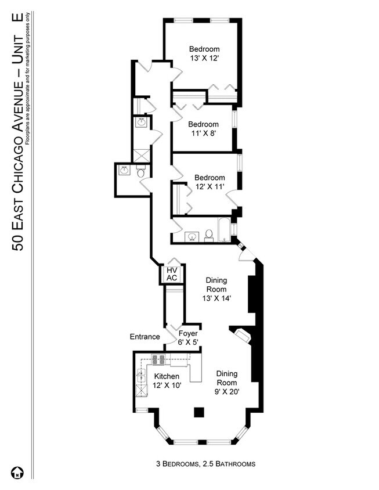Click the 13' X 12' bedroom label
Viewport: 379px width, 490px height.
(x=204, y=53)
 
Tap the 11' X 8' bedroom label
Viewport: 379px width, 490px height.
(x=203, y=129)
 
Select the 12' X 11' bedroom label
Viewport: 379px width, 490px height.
(x=209, y=182)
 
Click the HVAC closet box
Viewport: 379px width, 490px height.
(x=172, y=274)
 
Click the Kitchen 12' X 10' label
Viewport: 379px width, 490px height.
(x=166, y=381)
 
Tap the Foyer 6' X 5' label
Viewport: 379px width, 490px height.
(x=188, y=338)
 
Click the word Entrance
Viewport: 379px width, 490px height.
(x=145, y=337)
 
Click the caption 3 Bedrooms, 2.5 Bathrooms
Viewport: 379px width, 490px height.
(x=205, y=464)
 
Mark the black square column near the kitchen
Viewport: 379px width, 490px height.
(x=199, y=412)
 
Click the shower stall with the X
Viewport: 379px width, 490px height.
(x=141, y=155)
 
